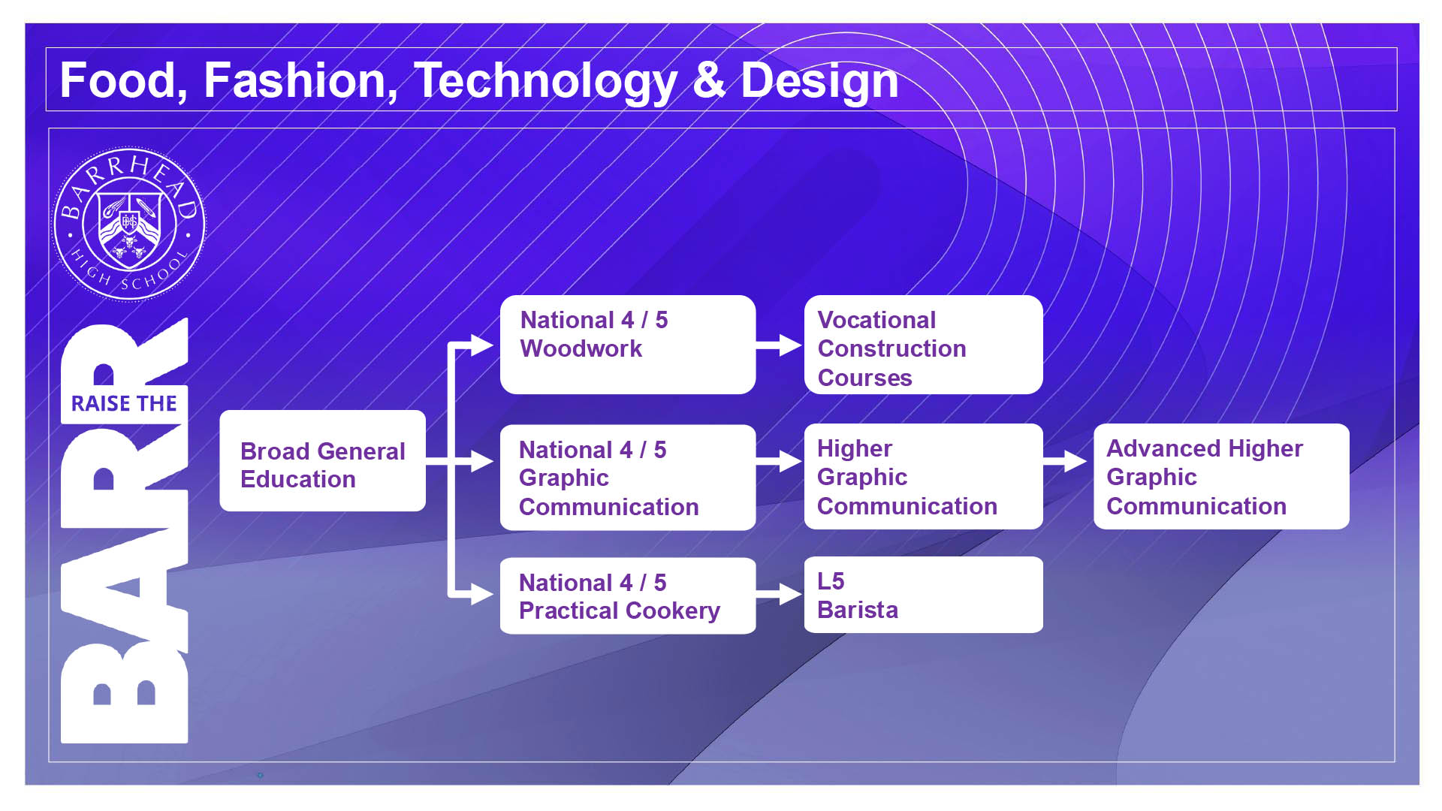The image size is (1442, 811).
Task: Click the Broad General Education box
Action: click(322, 460)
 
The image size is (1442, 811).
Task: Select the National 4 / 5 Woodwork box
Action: click(628, 345)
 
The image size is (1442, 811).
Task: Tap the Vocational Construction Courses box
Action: click(923, 345)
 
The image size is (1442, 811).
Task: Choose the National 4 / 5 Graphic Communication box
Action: click(628, 478)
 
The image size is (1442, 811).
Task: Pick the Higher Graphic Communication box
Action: click(923, 477)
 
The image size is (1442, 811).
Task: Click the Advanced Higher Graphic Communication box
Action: click(1221, 477)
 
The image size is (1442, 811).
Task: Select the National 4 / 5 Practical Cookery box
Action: click(628, 595)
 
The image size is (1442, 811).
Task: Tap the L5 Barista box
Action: click(923, 595)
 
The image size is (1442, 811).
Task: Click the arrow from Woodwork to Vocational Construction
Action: click(780, 345)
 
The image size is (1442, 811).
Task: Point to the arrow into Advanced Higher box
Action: click(1066, 461)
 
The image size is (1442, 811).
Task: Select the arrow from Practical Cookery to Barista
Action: click(780, 594)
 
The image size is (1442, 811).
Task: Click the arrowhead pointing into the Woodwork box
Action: click(482, 345)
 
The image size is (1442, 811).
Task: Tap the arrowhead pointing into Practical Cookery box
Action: click(482, 594)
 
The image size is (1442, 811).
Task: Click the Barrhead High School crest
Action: click(129, 224)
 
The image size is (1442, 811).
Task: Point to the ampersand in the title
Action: click(709, 80)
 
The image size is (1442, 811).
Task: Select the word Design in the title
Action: click(819, 82)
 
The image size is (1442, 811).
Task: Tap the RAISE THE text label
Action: click(124, 404)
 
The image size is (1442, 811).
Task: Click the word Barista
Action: click(858, 610)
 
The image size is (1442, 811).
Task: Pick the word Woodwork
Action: click(581, 348)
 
